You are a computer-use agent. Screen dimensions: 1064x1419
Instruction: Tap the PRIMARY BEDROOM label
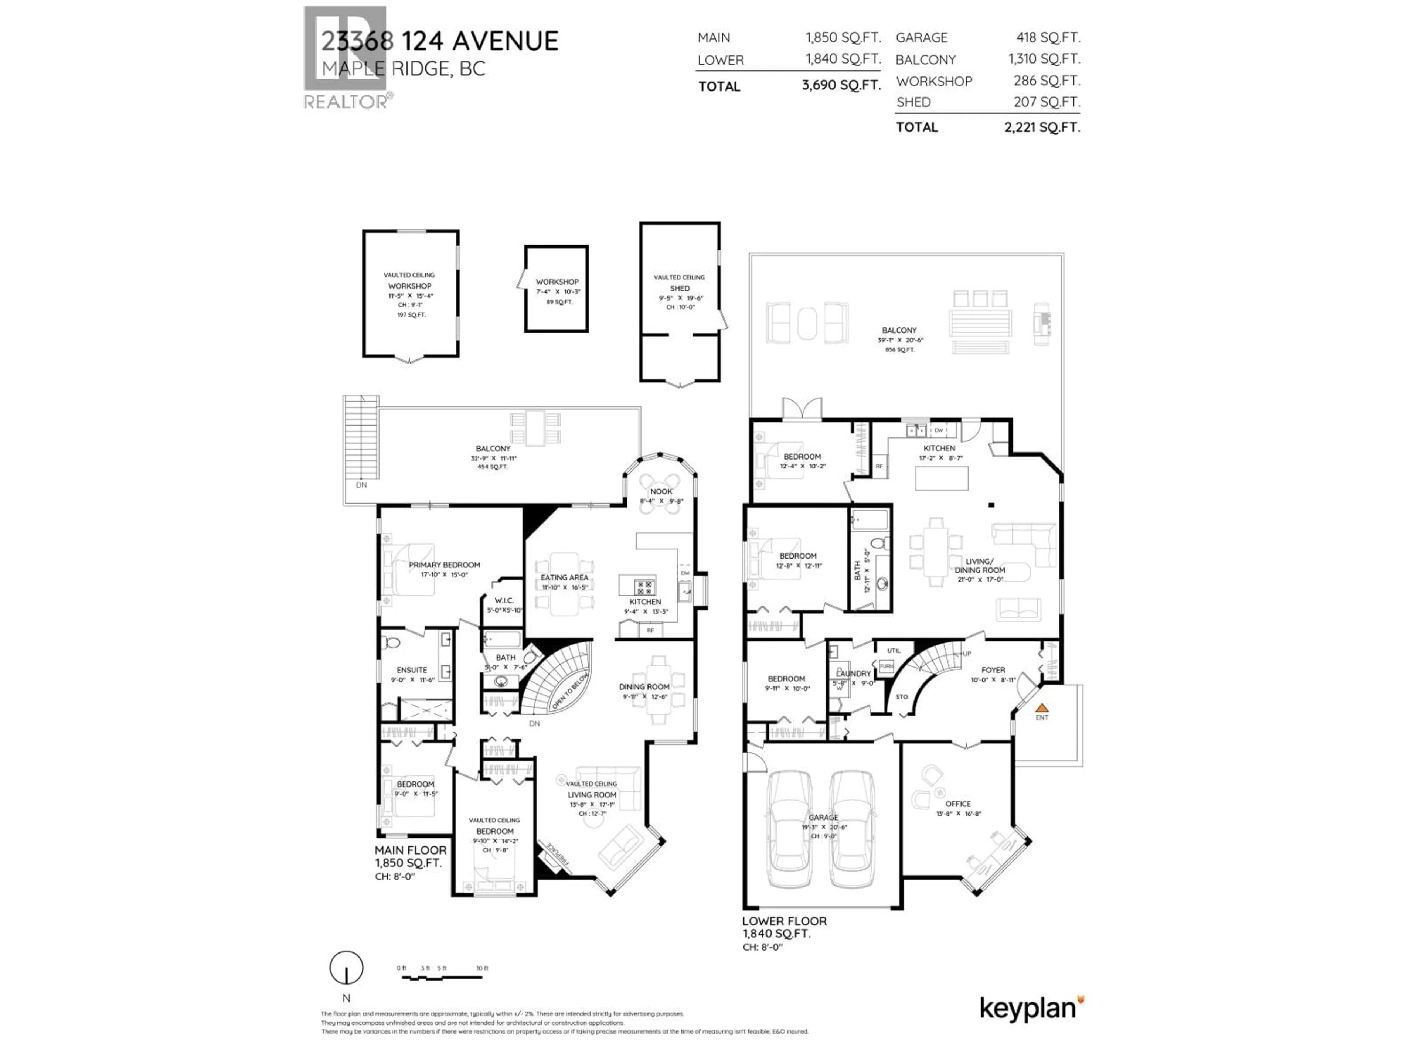(x=445, y=565)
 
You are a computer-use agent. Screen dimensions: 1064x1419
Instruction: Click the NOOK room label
(x=661, y=491)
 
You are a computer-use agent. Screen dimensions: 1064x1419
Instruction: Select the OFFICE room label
(x=958, y=804)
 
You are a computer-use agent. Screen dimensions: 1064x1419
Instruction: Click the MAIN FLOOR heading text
(x=411, y=850)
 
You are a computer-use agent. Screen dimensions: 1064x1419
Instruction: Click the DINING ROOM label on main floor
(x=644, y=687)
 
